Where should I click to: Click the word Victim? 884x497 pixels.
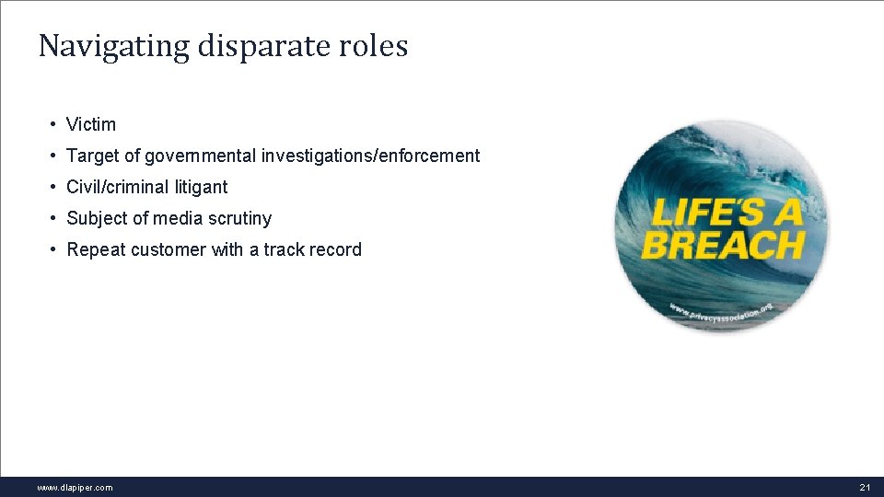pyautogui.click(x=91, y=124)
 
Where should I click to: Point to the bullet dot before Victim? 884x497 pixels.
pyautogui.click(x=55, y=124)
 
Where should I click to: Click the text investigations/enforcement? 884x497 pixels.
pyautogui.click(x=370, y=156)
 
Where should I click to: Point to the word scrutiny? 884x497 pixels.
pyautogui.click(x=240, y=218)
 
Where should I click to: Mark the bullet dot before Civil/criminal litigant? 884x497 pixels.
pyautogui.click(x=55, y=187)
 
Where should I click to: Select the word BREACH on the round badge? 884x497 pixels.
pyautogui.click(x=723, y=246)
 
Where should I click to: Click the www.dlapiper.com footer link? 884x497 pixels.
pyautogui.click(x=75, y=488)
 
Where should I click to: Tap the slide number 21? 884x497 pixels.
pyautogui.click(x=864, y=488)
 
